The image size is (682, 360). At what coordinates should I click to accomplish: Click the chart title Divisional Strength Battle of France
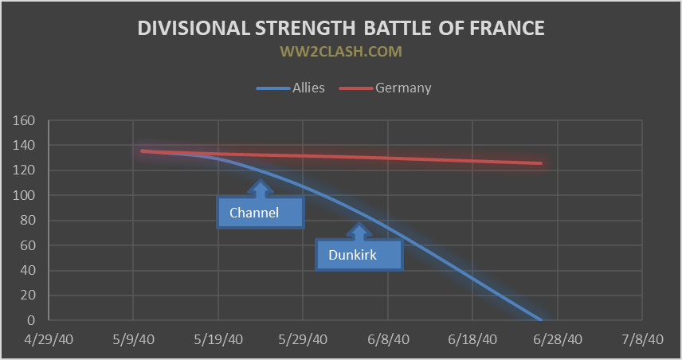(x=341, y=28)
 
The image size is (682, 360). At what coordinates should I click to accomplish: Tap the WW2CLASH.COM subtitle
(x=340, y=52)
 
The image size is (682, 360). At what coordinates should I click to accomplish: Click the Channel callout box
(x=261, y=213)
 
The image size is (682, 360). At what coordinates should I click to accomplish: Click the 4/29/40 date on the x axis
(x=48, y=339)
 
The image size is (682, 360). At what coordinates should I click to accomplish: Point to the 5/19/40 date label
(x=218, y=339)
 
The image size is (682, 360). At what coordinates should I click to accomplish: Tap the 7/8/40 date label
(x=642, y=339)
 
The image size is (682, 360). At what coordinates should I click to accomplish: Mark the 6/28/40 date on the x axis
(x=557, y=339)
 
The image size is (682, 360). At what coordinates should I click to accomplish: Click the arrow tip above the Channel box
(x=260, y=181)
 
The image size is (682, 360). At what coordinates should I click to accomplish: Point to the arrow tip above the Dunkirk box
(x=359, y=224)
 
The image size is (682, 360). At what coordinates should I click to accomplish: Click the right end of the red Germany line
(x=542, y=163)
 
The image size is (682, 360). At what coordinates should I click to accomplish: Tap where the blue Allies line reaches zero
(x=542, y=319)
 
